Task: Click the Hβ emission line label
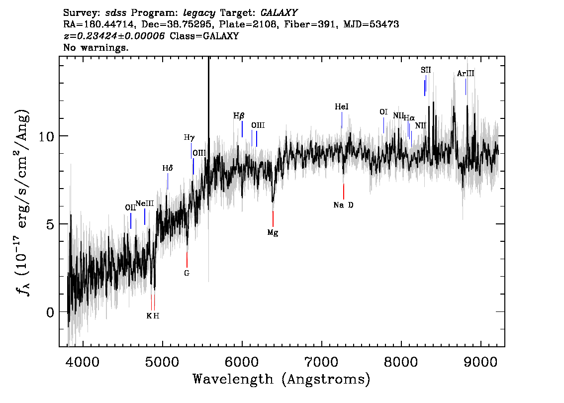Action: click(x=239, y=116)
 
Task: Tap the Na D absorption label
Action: click(x=344, y=205)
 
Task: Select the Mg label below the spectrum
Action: click(x=273, y=233)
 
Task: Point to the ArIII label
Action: click(x=466, y=74)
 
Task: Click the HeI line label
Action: click(x=341, y=107)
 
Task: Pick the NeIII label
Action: click(x=145, y=203)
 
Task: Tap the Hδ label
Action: click(x=168, y=168)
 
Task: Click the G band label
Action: click(x=187, y=273)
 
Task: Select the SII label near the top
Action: click(x=426, y=70)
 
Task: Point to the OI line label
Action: click(x=383, y=112)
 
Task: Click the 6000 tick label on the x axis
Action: click(x=242, y=362)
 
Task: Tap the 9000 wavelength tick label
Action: click(x=480, y=362)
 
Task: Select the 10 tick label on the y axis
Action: click(x=46, y=137)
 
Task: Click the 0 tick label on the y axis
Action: click(x=50, y=312)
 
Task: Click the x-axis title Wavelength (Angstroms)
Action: click(x=282, y=379)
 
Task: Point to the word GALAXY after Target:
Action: click(x=279, y=13)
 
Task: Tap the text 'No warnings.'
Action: click(x=95, y=47)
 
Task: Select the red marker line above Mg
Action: click(x=273, y=219)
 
